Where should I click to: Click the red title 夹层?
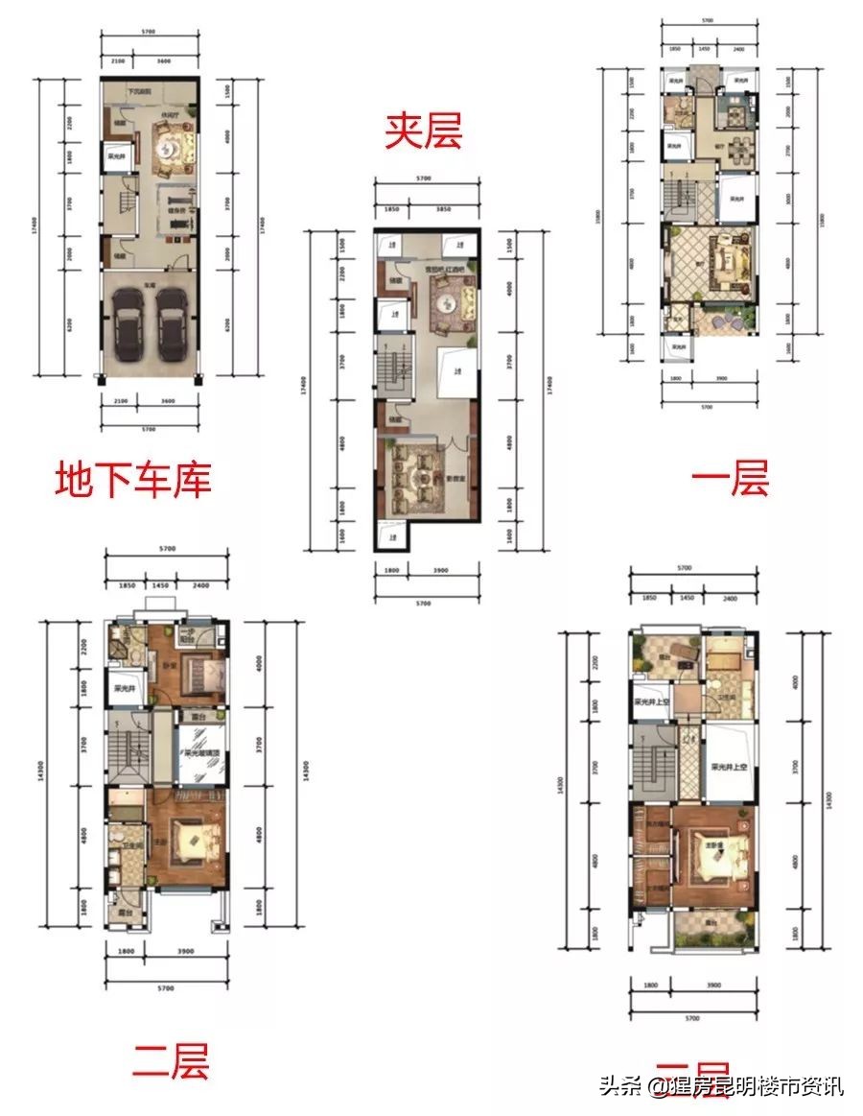click(423, 132)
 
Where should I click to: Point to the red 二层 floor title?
click(170, 1060)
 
